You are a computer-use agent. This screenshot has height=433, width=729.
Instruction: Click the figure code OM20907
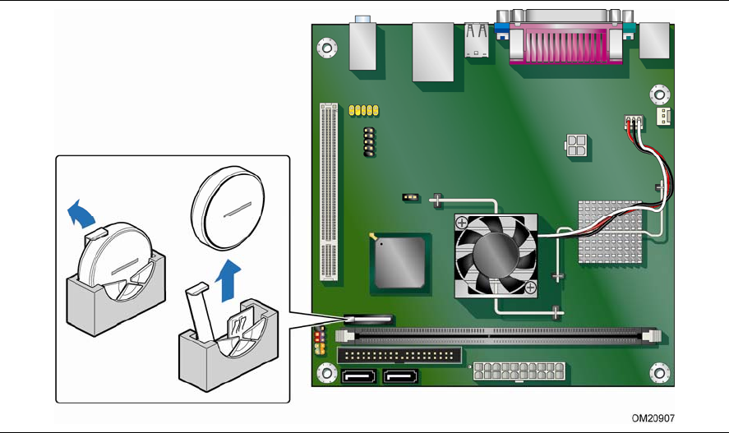tap(653, 418)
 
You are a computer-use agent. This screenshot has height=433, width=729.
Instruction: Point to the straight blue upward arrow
tap(228, 281)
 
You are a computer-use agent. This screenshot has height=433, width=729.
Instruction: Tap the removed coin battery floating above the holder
tap(228, 209)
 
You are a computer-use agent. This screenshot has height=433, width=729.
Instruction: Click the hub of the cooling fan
tap(496, 255)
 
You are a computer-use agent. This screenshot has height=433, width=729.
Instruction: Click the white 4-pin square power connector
tap(576, 145)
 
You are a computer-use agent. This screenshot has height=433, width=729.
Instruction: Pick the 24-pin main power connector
tap(519, 371)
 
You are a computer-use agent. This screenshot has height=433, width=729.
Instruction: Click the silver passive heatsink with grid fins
tap(610, 232)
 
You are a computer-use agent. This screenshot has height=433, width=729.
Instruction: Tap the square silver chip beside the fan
tap(400, 263)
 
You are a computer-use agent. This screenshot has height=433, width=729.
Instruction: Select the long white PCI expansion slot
tap(329, 192)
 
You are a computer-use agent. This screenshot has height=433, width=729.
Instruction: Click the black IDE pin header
tap(399, 356)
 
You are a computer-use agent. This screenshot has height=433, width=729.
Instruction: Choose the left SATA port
tap(359, 375)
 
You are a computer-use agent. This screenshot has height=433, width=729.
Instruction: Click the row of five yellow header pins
tap(363, 110)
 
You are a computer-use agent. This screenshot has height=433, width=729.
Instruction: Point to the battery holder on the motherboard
tap(369, 319)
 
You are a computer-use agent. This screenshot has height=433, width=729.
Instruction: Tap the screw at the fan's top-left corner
tap(462, 222)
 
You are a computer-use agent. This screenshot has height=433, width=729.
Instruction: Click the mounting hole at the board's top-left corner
tap(327, 48)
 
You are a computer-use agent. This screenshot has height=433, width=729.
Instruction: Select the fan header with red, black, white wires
tap(634, 122)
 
